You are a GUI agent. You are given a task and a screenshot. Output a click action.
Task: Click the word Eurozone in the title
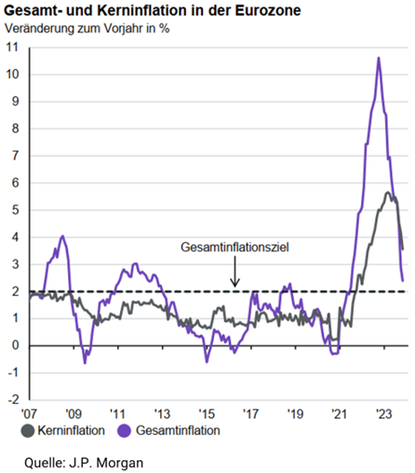[x=268, y=11]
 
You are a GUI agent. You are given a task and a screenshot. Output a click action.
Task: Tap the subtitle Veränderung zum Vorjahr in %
[x=87, y=28]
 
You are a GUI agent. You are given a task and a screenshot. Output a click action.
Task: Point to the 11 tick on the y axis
[x=12, y=47]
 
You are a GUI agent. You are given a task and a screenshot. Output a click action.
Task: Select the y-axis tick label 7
[x=15, y=155]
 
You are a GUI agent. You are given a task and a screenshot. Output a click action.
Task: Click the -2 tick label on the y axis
[x=13, y=399]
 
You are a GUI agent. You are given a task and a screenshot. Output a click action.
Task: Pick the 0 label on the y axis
[x=15, y=345]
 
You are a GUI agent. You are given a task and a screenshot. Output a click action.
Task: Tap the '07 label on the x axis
[x=29, y=413]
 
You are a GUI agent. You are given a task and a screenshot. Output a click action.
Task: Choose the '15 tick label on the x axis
[x=207, y=413]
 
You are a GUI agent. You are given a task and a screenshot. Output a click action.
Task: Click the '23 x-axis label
[x=384, y=413]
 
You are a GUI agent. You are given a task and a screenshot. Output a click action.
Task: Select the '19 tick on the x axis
[x=295, y=413]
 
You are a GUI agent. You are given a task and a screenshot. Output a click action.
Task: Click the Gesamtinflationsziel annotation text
[x=234, y=248]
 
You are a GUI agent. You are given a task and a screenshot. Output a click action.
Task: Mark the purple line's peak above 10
[x=379, y=58]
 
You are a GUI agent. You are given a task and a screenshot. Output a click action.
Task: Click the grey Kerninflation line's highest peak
[x=387, y=193]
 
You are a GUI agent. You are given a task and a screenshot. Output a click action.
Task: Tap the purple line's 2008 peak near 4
[x=63, y=236]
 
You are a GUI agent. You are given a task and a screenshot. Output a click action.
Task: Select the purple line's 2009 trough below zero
[x=85, y=363]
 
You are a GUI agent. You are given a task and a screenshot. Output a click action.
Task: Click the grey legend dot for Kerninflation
[x=28, y=431]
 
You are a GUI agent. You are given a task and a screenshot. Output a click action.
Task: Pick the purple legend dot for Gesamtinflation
[x=124, y=431]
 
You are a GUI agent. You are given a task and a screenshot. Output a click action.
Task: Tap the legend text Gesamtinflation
[x=178, y=430]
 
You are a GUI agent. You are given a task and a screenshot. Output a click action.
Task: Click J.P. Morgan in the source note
[x=106, y=463]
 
